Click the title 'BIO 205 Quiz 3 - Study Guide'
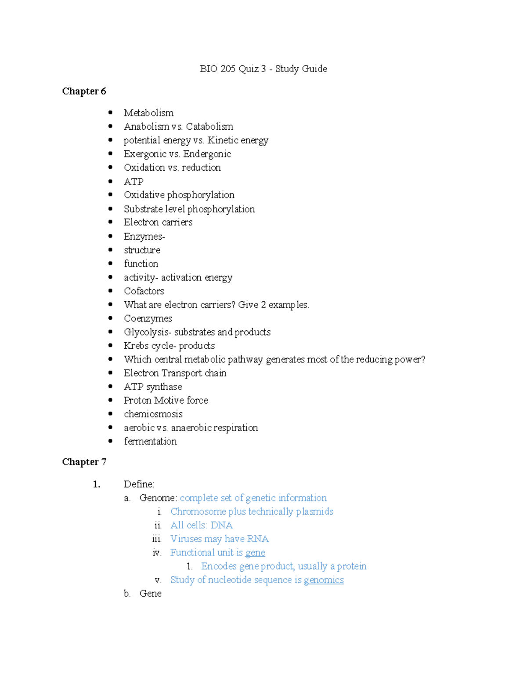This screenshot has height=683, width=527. click(263, 69)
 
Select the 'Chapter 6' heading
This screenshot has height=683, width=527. click(84, 91)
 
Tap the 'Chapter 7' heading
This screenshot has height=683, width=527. click(84, 462)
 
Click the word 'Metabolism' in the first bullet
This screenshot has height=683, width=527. click(148, 113)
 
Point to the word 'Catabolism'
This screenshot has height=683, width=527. click(209, 127)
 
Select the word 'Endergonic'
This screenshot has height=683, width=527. click(207, 154)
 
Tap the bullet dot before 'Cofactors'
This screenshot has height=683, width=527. click(110, 291)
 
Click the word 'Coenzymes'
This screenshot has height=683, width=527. click(148, 318)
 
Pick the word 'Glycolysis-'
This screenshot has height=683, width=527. click(148, 332)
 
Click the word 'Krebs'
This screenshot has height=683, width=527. click(136, 346)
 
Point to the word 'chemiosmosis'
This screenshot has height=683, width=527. click(153, 414)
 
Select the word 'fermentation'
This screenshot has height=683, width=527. click(150, 441)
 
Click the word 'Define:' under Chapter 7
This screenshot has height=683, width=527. click(139, 484)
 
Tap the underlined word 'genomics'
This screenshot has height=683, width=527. click(324, 580)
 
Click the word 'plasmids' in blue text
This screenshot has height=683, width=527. click(314, 511)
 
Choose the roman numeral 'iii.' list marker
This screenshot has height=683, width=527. click(157, 539)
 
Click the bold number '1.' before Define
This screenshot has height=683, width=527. click(97, 484)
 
